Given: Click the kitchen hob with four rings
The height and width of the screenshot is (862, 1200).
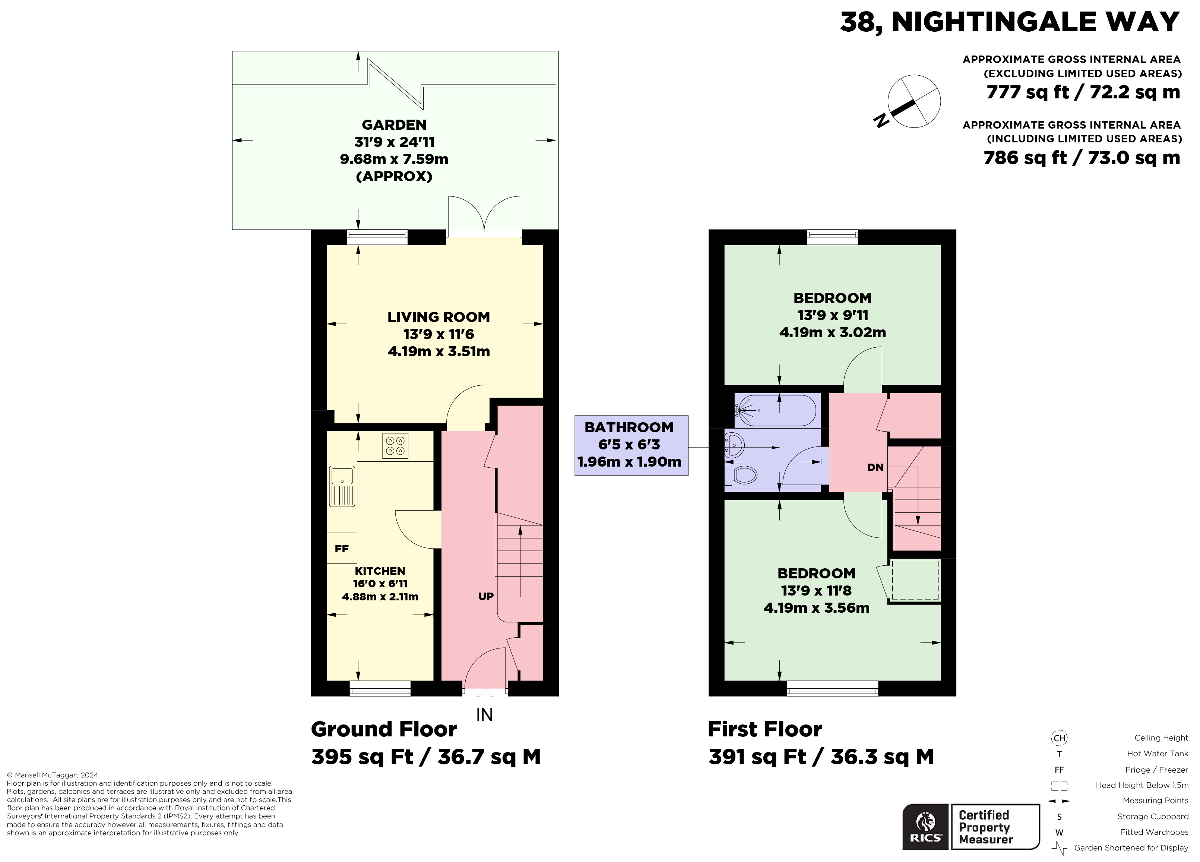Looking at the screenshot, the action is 395,446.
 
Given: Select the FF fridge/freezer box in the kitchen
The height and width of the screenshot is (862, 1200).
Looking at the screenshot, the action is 342,548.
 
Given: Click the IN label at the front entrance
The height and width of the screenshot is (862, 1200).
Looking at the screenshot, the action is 484,715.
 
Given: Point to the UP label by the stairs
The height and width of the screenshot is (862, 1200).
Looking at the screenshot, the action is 486,596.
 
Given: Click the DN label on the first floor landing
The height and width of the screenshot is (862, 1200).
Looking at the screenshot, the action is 875,467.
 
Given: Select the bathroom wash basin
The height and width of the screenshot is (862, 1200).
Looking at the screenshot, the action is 734,445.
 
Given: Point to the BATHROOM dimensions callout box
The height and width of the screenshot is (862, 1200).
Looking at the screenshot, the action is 631,445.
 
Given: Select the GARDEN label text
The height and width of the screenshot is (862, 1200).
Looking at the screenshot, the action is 394,125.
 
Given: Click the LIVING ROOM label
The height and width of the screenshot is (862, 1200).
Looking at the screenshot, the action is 438,317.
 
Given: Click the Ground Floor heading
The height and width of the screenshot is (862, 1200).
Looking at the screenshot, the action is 384,729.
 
